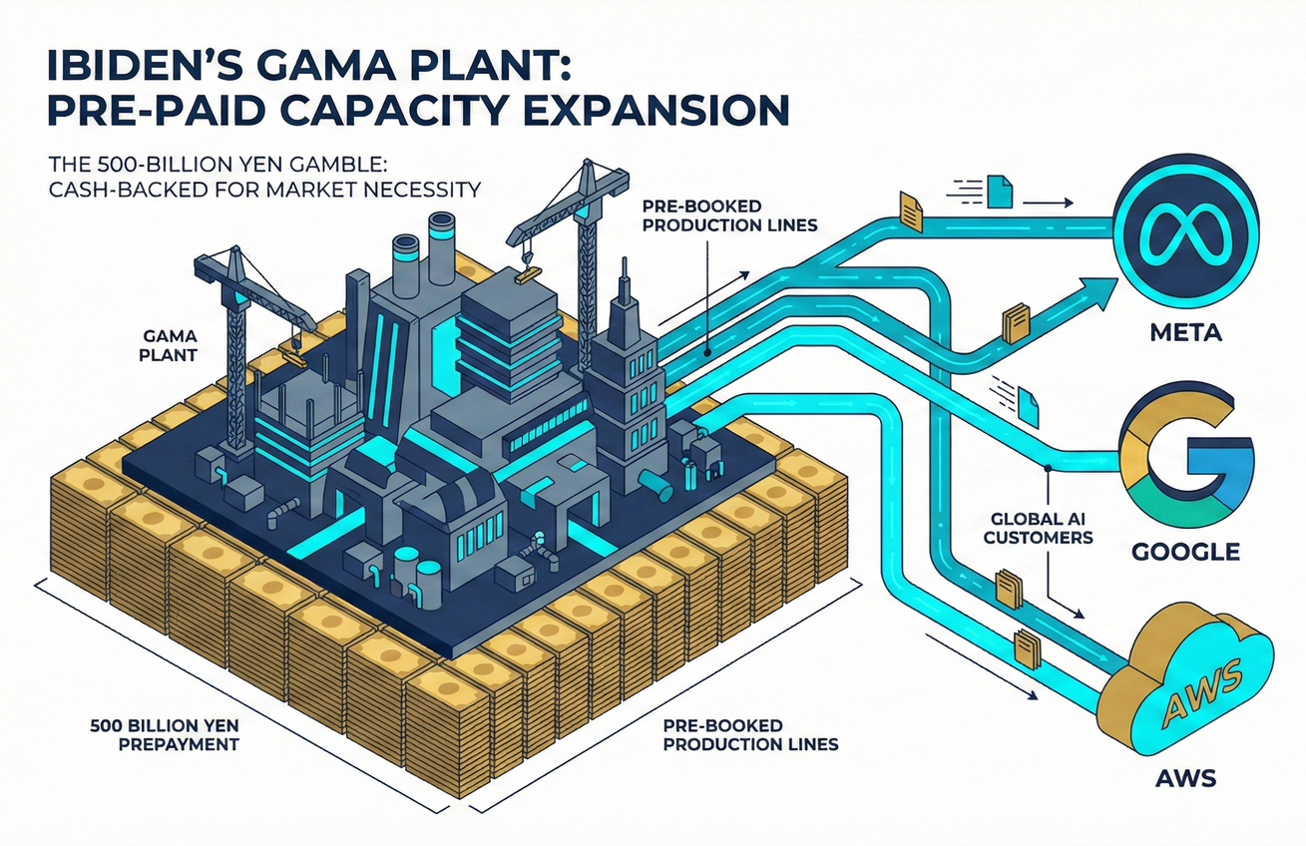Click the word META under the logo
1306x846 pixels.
(1184, 332)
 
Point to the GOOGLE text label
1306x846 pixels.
(1185, 551)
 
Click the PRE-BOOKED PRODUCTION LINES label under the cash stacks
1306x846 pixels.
(750, 734)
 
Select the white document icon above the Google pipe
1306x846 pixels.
(1029, 399)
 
